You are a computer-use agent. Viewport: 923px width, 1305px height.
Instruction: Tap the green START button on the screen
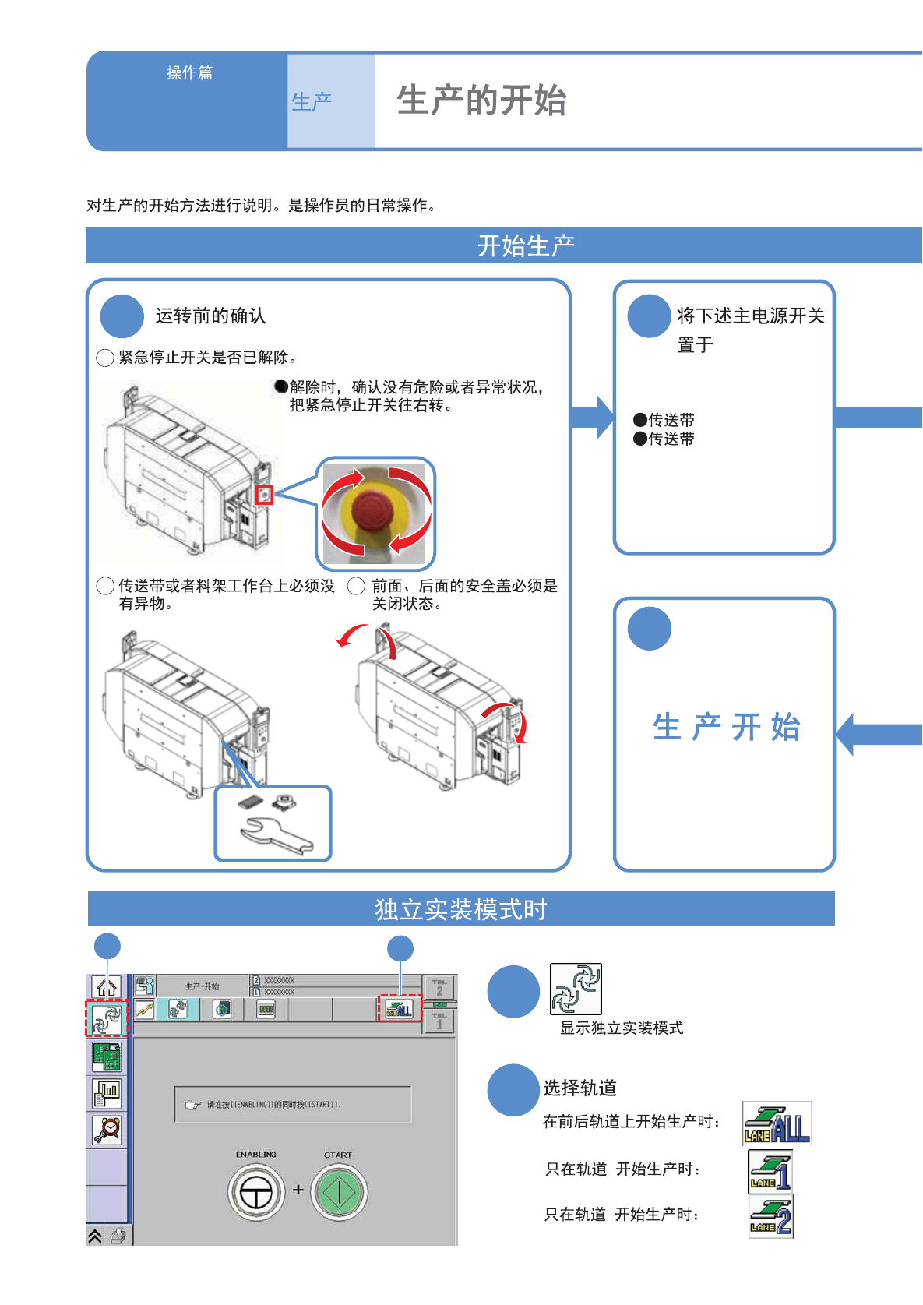click(x=339, y=1192)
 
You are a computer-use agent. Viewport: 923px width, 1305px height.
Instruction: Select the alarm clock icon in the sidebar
click(x=107, y=1129)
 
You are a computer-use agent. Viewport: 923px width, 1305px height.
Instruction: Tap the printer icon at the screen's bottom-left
click(x=118, y=1236)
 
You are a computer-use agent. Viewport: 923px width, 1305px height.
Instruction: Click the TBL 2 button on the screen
click(x=439, y=987)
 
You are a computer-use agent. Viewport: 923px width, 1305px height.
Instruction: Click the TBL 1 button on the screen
click(x=439, y=1020)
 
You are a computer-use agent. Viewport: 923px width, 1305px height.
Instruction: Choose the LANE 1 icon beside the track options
click(x=770, y=1171)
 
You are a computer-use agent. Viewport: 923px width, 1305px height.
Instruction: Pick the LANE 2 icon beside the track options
click(x=770, y=1216)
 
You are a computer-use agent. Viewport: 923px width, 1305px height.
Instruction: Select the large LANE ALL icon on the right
click(x=777, y=1123)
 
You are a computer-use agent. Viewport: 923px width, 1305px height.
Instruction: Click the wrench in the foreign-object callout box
click(x=276, y=837)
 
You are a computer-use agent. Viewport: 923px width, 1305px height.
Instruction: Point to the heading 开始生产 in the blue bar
click(x=526, y=245)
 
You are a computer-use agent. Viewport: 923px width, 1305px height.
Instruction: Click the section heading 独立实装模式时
click(x=461, y=909)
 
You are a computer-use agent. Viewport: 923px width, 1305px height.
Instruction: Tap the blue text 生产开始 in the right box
click(x=726, y=727)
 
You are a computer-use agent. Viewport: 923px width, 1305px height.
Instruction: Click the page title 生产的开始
click(x=481, y=101)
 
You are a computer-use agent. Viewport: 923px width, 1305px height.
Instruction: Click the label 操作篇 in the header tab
click(x=189, y=72)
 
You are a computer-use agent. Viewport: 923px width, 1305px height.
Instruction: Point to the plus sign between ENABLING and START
click(x=298, y=1190)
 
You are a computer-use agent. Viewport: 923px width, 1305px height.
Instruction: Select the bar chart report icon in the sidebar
click(x=107, y=1093)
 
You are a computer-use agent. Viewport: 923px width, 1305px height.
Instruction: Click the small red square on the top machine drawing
click(x=265, y=495)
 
